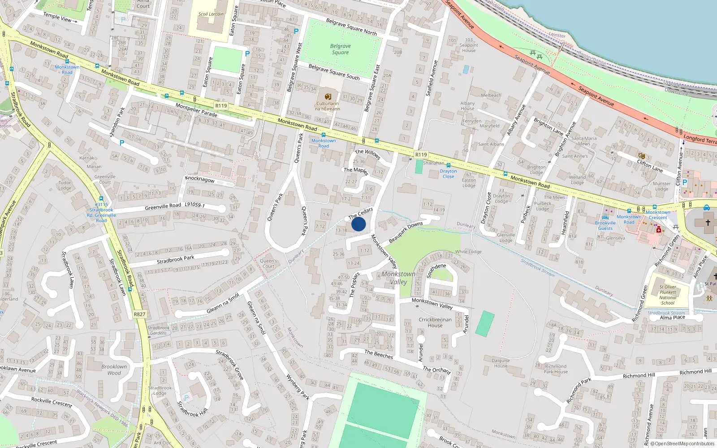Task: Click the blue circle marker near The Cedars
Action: coord(358,224)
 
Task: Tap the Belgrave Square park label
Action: coord(341,49)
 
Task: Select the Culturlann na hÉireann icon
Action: coord(328,96)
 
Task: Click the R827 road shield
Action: coord(139,314)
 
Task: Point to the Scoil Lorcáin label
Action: coord(211,14)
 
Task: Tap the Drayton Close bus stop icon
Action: coord(448,165)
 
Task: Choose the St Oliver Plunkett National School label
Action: coord(668,295)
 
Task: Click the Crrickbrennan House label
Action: coord(435,323)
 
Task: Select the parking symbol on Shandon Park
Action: coord(121,143)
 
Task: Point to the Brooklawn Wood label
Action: coord(114,370)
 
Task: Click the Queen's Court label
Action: coord(268,263)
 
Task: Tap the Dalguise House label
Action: coord(501,363)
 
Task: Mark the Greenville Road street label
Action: coord(163,207)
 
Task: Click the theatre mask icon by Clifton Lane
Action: coord(642,156)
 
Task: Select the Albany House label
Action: coord(467,106)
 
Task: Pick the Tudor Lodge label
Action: coord(65,185)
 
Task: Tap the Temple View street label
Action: coord(57,17)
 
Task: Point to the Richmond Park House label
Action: coord(556,369)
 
